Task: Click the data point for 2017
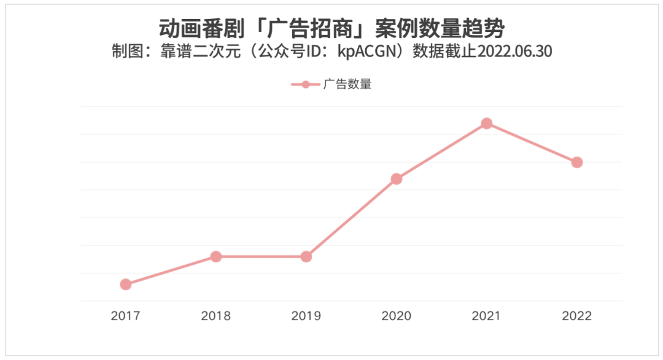tap(126, 284)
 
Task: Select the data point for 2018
tap(216, 256)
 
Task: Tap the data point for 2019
tap(306, 256)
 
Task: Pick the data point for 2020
tap(397, 179)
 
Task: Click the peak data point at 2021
tap(487, 123)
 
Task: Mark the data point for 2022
tap(577, 162)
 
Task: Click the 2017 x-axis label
tap(126, 316)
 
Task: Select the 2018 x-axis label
tap(216, 316)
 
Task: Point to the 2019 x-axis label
tap(306, 316)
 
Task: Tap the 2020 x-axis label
tap(397, 316)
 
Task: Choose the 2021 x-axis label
tap(487, 316)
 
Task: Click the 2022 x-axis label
tap(577, 316)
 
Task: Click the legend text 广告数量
tap(347, 85)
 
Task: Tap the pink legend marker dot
tap(306, 85)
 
